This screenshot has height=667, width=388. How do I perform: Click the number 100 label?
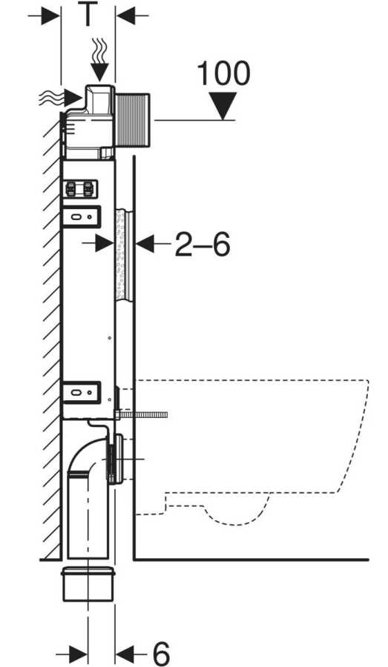point(223,73)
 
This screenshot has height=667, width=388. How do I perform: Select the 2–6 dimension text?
point(203,244)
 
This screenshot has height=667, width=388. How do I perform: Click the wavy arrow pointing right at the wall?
point(60,99)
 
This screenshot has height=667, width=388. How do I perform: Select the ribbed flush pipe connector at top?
point(131,120)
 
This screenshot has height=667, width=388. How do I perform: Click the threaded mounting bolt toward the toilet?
point(142,415)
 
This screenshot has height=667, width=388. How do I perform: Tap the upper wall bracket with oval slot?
point(82,216)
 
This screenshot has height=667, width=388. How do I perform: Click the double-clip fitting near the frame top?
point(81,189)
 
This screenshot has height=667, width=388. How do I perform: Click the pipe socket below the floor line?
point(88,584)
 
